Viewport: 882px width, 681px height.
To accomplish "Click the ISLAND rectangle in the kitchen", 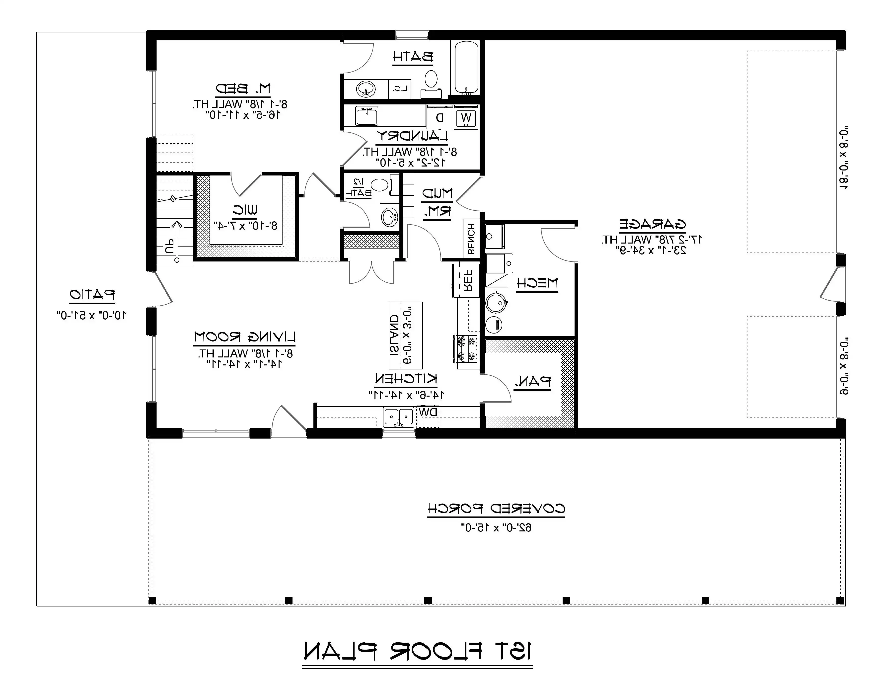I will click(x=405, y=335).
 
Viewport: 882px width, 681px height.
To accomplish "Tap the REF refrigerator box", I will click(x=466, y=280).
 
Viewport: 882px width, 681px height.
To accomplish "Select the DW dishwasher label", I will click(x=428, y=412).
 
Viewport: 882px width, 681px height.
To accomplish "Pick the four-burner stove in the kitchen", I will click(x=466, y=348).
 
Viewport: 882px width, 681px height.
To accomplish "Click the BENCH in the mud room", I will click(x=471, y=240).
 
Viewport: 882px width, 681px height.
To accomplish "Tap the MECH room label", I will click(x=537, y=283).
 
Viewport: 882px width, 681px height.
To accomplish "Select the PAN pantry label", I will click(x=532, y=381).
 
